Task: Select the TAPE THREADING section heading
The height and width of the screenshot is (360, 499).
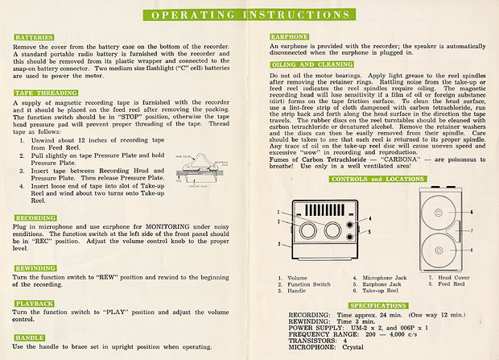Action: (40, 93)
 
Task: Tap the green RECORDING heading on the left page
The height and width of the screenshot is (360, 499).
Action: (35, 218)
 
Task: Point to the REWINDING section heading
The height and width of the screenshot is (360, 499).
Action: (35, 269)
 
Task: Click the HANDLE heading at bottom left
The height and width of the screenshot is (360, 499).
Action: (29, 337)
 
